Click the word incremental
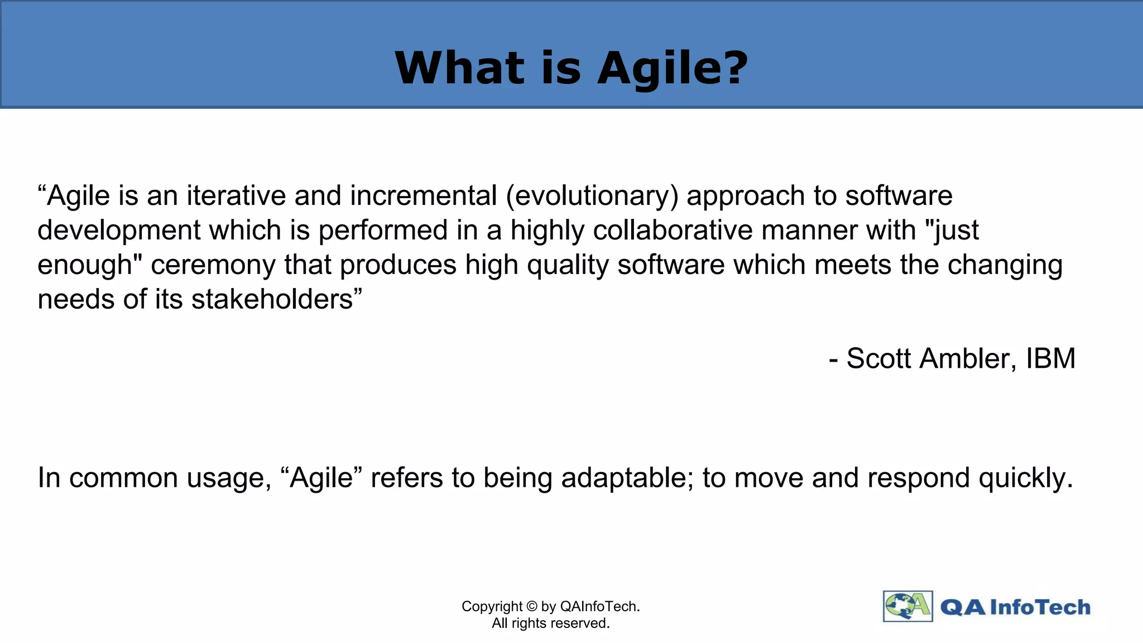[x=424, y=196]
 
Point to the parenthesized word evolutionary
[x=592, y=196]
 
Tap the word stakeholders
[x=273, y=300]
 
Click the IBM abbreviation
[x=1050, y=358]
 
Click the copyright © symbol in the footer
[x=532, y=607]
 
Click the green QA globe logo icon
[x=907, y=606]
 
